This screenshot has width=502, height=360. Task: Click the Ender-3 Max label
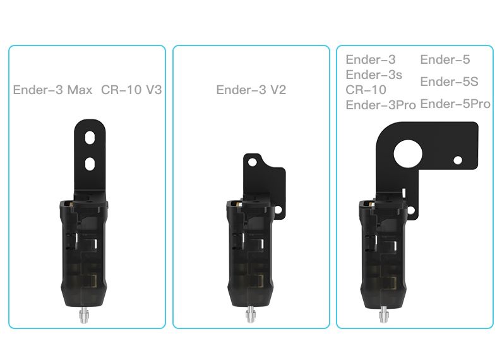[52, 90]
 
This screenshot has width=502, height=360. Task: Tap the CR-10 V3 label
[131, 90]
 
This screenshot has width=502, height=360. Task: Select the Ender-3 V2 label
[251, 90]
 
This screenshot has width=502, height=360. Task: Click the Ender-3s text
[374, 75]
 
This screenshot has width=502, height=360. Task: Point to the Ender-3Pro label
[381, 105]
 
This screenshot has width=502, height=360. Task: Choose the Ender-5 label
[445, 59]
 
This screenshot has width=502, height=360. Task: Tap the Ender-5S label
[449, 81]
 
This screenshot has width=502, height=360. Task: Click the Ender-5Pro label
[455, 104]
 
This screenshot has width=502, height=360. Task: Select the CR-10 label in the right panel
[366, 90]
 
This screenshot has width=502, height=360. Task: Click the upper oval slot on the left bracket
[90, 138]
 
